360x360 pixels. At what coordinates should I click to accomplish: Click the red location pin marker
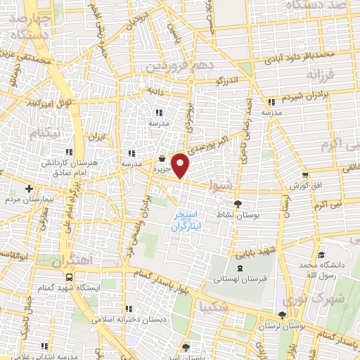[x=181, y=165]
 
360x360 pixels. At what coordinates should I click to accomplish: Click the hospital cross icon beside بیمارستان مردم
[x=29, y=188]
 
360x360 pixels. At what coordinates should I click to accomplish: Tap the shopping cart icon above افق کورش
[x=304, y=175]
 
